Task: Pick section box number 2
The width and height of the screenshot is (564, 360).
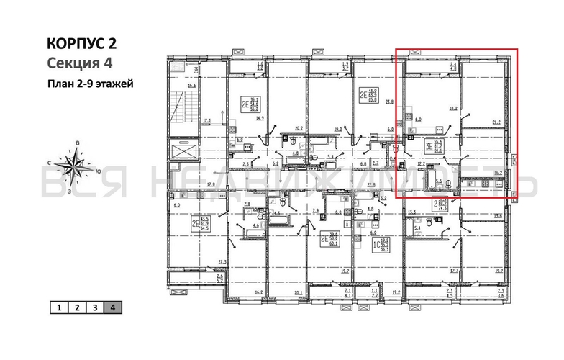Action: [x=77, y=308]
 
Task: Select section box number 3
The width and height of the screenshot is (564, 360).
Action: [x=95, y=308]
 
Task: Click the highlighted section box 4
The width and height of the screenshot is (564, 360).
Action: [x=113, y=308]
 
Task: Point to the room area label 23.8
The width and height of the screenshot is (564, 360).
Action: [x=389, y=102]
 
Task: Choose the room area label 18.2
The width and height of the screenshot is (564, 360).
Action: [x=453, y=109]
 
